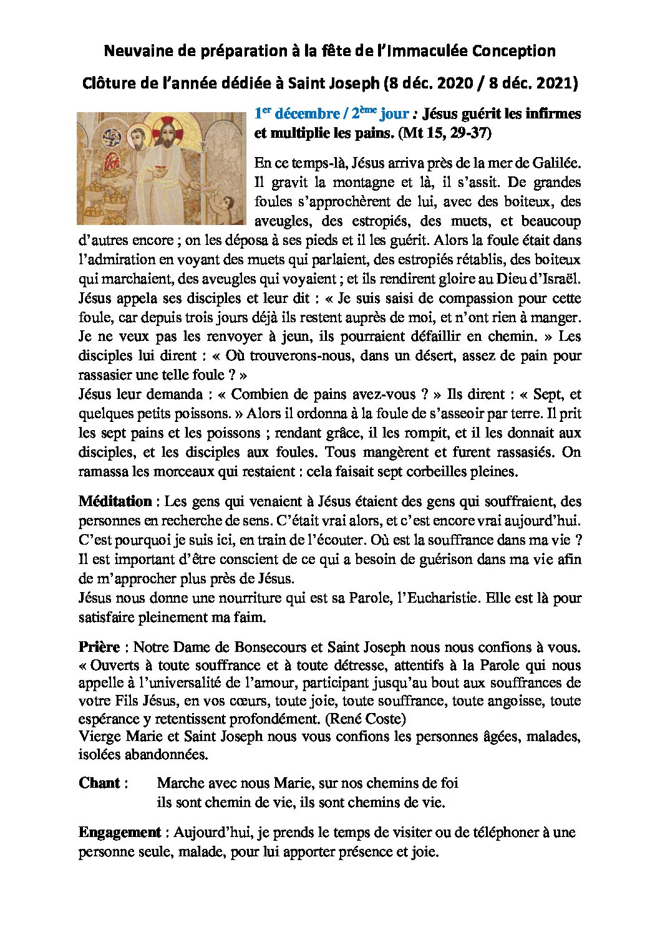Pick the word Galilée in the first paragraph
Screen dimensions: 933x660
[556, 163]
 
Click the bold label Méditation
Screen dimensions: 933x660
[115, 501]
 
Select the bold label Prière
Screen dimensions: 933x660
[99, 647]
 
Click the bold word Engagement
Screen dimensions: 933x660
[120, 833]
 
